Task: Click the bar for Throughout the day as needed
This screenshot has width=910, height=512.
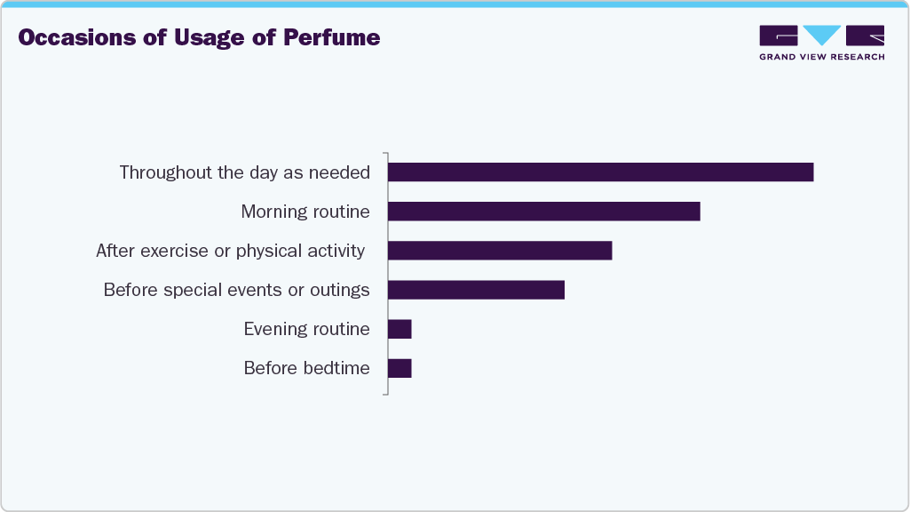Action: click(x=600, y=172)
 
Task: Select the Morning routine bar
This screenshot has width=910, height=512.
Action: click(x=543, y=212)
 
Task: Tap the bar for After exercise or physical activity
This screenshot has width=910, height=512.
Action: click(x=500, y=251)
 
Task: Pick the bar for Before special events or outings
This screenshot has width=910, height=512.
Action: click(x=476, y=290)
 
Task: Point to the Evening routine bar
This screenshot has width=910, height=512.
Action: click(x=400, y=329)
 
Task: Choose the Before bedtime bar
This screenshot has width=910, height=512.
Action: click(x=400, y=368)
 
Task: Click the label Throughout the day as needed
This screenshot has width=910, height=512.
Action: click(x=244, y=172)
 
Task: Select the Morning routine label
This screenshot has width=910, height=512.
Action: click(x=305, y=212)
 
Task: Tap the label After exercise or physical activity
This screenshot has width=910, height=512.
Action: click(x=230, y=251)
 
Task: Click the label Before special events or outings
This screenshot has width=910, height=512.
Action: click(x=236, y=290)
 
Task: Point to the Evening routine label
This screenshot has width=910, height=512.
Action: click(x=306, y=329)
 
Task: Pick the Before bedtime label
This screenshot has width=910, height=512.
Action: click(x=306, y=368)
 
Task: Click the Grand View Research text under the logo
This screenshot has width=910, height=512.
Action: click(x=821, y=57)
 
